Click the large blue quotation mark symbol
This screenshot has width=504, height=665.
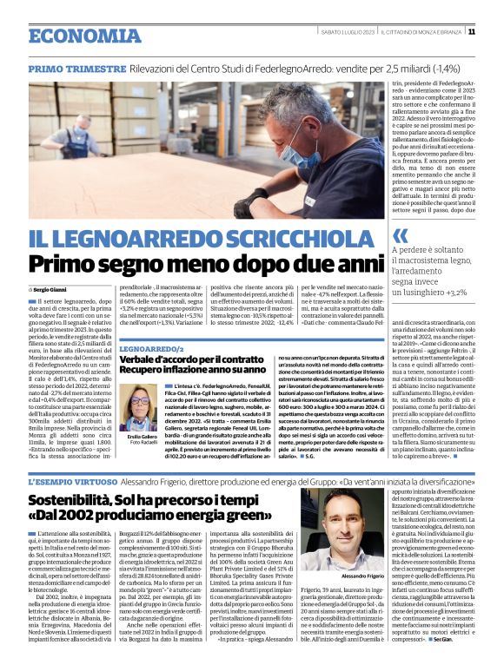400,236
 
